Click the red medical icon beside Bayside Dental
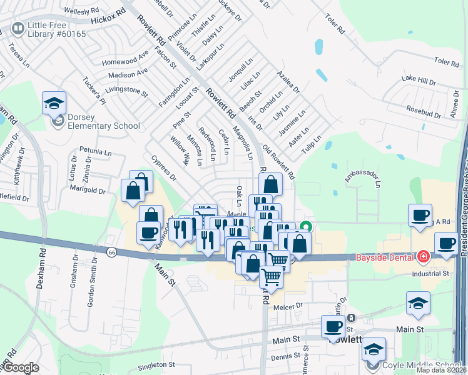[x=424, y=257]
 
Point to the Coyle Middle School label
[x=423, y=366]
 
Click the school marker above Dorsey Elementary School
[x=54, y=102]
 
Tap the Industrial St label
[x=430, y=274]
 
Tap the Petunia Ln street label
[x=95, y=151]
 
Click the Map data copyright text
[x=440, y=370]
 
